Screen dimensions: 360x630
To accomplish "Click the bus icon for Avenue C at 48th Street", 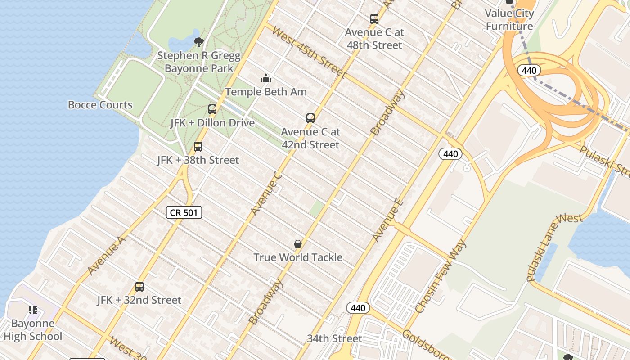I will tap(374, 19).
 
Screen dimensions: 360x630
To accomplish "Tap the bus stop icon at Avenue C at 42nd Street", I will tap(310, 118).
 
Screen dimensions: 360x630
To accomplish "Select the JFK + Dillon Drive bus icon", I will tap(212, 109).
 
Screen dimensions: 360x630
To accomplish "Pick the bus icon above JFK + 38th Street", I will tap(198, 147).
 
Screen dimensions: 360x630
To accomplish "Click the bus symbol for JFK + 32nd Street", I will tap(139, 287).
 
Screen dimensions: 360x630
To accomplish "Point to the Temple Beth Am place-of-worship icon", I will tap(266, 79).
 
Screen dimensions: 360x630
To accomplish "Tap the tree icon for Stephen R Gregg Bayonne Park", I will tap(198, 42).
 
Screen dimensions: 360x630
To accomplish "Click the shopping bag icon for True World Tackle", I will tap(298, 244).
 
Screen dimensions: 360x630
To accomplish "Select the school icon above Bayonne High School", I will tap(33, 310).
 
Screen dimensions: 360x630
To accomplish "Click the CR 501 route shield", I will tap(184, 212).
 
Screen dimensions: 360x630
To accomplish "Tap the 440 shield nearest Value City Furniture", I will tap(529, 71).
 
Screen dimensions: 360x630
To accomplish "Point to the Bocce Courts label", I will tap(100, 105).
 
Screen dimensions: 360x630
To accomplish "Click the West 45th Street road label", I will tap(309, 53).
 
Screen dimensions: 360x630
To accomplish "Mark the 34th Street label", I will tap(334, 338).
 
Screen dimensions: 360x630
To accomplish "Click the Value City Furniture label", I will tap(509, 20).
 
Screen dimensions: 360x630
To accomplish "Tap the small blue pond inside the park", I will tap(182, 43).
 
